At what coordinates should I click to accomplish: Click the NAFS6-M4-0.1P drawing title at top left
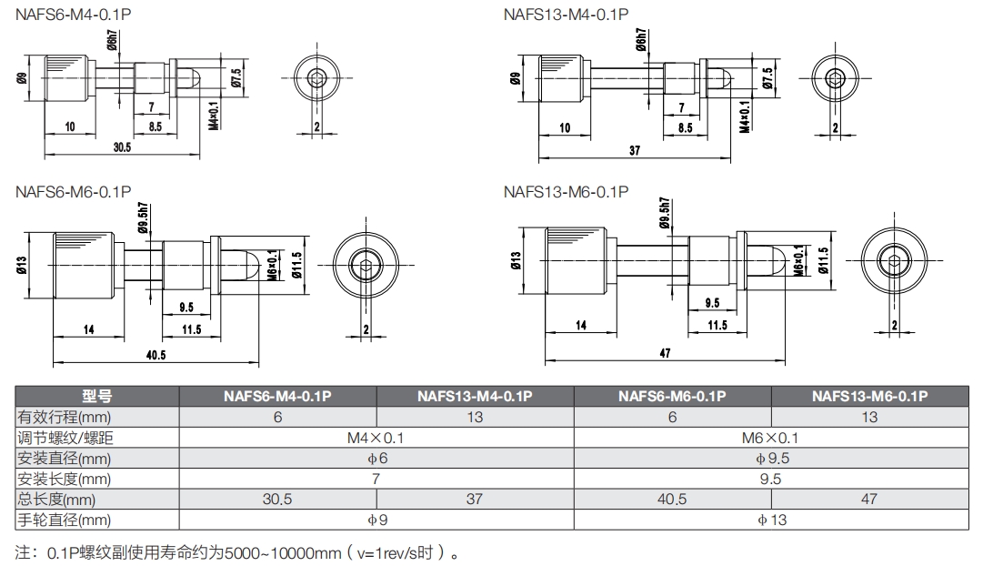point(74,14)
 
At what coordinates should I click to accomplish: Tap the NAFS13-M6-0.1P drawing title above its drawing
point(566,192)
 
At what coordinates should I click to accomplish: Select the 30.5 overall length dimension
point(122,147)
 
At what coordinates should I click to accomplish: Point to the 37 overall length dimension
point(635,151)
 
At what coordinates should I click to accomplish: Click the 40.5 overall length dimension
point(156,355)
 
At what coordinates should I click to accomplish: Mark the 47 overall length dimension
point(665,353)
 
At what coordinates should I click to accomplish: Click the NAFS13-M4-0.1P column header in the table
point(475,396)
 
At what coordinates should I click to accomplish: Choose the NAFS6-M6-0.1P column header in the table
point(672,396)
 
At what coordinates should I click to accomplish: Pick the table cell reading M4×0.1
point(376,438)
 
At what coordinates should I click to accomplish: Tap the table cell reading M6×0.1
point(770,438)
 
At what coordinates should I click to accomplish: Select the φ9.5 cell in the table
point(770,459)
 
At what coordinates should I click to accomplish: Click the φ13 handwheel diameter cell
point(770,521)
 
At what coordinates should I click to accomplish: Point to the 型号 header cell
point(96,396)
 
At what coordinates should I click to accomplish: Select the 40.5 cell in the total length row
point(672,500)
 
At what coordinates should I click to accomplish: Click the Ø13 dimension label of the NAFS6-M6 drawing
point(21,264)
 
